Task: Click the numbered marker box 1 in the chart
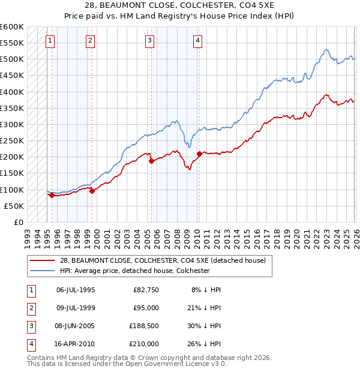point(49,41)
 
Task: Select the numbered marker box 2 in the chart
point(89,41)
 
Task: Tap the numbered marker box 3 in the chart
point(149,41)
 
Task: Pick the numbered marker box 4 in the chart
point(197,41)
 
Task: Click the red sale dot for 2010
point(199,154)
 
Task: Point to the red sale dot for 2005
point(151,161)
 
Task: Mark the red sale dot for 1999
point(92,191)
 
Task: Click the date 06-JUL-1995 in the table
point(76,290)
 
